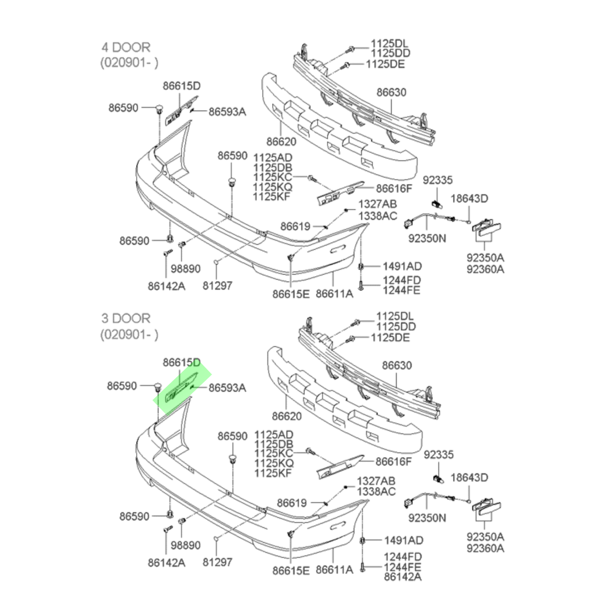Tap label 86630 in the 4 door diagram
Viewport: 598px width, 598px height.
391,92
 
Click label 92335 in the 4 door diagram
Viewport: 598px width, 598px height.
437,181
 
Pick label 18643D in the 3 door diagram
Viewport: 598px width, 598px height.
470,478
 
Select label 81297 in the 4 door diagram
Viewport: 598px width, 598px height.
217,286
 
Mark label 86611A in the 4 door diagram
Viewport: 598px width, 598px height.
335,294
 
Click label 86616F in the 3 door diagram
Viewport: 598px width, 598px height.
394,461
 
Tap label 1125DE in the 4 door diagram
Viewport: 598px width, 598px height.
385,64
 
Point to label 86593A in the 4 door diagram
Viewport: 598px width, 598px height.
227,111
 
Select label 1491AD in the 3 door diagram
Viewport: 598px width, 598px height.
403,540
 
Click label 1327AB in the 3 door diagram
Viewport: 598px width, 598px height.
377,481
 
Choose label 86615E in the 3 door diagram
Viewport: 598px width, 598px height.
290,570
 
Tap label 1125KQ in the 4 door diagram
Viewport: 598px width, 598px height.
272,186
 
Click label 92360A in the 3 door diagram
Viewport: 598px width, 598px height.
485,548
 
